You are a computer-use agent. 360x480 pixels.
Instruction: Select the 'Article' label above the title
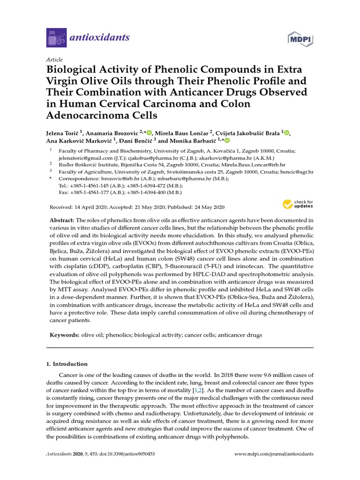point(54,60)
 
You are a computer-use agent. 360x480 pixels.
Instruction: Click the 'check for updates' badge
point(297,204)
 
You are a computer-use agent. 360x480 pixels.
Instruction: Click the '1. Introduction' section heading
point(67,364)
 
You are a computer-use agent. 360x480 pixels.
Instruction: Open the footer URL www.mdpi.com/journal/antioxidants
point(274,454)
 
